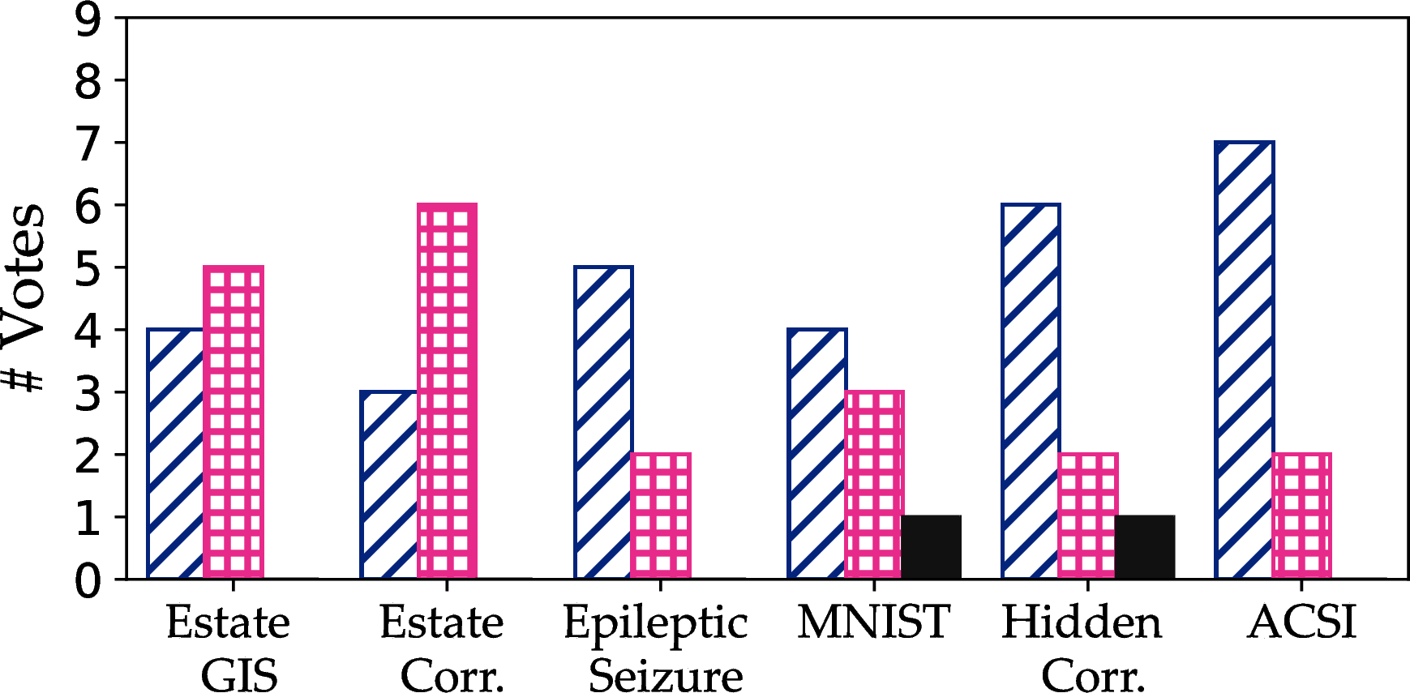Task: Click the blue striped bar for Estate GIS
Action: coord(176,454)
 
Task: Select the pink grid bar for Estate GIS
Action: coord(234,422)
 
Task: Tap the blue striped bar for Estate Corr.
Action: coord(390,485)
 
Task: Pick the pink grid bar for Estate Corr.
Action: coord(448,391)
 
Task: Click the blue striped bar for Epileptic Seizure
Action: coord(604,422)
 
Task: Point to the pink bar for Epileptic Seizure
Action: coord(661,516)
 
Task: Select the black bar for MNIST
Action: coord(931,547)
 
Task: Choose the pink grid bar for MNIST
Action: coord(875,485)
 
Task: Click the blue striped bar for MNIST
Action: coord(817,454)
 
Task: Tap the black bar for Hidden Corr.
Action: coord(1145,547)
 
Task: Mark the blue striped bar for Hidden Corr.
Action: coord(1031,391)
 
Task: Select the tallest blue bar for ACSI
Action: coord(1245,360)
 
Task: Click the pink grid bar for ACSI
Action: coord(1302,516)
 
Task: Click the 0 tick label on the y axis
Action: coord(88,580)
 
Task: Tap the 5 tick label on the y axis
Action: coord(88,268)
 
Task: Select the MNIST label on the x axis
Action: coord(874,622)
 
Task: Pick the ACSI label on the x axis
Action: coord(1301,622)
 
